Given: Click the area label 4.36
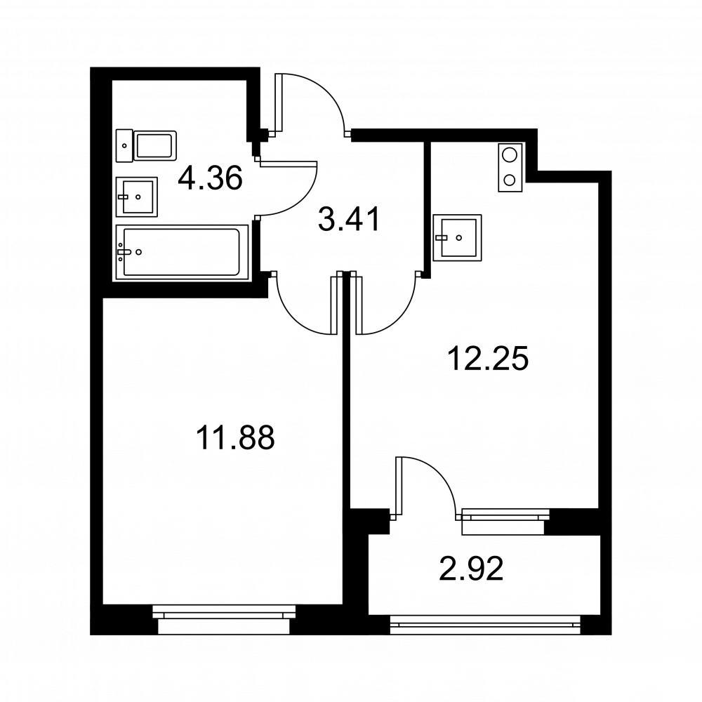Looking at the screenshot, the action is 210,178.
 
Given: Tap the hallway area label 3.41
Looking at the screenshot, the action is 349,219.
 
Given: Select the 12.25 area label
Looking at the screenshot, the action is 488,358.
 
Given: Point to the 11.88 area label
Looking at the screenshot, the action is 235,438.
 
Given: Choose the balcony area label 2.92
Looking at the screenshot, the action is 472,568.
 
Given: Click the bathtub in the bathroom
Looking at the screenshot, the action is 182,252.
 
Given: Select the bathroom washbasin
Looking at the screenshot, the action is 137,197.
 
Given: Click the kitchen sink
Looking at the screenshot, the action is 457,238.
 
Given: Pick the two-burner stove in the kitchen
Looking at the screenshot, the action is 510,168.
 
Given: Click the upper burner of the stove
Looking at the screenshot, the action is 510,155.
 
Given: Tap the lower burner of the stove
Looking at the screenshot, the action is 510,180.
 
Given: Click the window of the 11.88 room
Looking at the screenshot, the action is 224,619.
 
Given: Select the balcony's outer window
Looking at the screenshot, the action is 485,625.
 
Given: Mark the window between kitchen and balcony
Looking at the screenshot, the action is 505,521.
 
